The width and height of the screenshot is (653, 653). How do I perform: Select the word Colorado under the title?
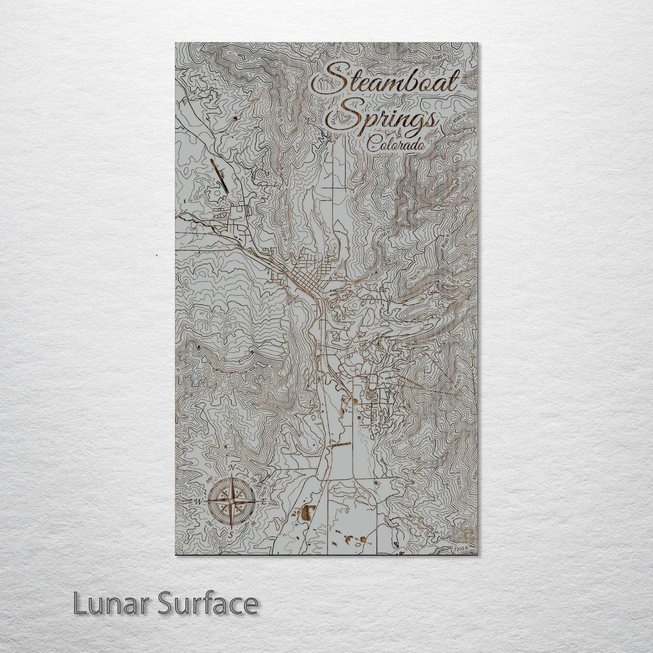pyautogui.click(x=396, y=144)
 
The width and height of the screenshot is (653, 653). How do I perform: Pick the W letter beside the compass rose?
pyautogui.click(x=197, y=502)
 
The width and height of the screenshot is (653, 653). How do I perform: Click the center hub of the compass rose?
pyautogui.click(x=231, y=501)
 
